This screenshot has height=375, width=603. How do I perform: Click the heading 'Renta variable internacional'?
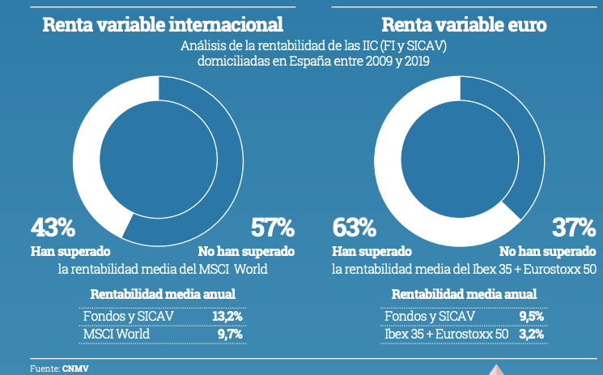click(x=163, y=25)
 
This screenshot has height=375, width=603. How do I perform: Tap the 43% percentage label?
click(x=53, y=228)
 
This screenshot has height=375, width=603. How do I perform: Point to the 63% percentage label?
click(x=355, y=228)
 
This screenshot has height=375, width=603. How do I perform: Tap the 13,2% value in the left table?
click(x=227, y=316)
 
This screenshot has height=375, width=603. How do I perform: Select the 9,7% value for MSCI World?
click(x=229, y=333)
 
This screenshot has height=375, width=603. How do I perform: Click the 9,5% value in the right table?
click(x=529, y=316)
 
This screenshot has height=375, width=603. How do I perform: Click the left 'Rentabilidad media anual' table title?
click(x=163, y=294)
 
